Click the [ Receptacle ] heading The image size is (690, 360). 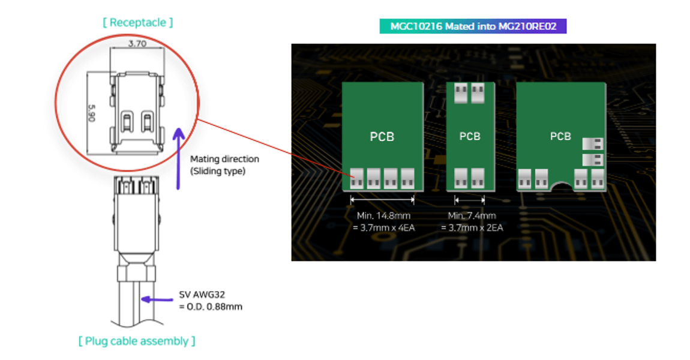[x=138, y=22]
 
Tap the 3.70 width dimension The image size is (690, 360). [x=137, y=44]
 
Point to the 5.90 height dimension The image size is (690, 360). [x=92, y=113]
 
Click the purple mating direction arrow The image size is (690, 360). [x=178, y=158]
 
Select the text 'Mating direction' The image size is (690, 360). [x=224, y=159]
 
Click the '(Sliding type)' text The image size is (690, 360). [x=217, y=171]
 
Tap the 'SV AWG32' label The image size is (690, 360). [x=202, y=295]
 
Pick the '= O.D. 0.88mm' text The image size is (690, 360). [x=211, y=307]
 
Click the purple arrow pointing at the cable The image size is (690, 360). [x=157, y=300]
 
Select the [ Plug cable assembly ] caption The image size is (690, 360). [x=137, y=341]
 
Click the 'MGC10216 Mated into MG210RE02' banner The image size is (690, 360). [x=473, y=26]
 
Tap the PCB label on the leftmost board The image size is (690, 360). [x=382, y=137]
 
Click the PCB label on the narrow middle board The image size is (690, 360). [x=470, y=136]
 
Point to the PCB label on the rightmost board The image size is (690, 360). [x=560, y=136]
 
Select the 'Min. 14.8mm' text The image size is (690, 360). [x=384, y=215]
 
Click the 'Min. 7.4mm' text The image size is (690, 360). [x=472, y=215]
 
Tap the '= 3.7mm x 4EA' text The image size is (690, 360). [x=384, y=227]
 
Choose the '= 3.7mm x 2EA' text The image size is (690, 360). [x=472, y=227]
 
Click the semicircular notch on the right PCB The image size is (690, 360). [x=561, y=187]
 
